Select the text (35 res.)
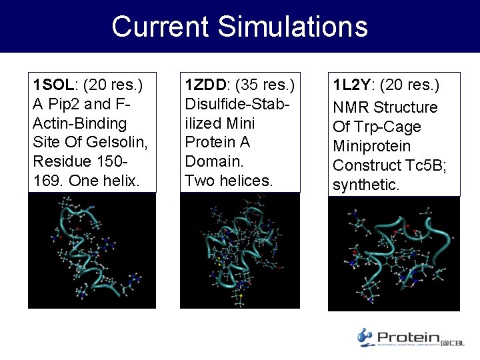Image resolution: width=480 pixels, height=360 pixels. click(263, 85)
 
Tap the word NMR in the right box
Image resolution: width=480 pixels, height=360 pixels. click(351, 107)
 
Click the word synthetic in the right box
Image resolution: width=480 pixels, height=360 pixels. click(365, 185)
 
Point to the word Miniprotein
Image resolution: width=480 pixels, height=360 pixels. click(371, 146)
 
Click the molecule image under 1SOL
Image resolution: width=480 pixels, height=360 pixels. click(91, 251)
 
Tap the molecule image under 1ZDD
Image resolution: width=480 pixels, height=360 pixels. click(240, 251)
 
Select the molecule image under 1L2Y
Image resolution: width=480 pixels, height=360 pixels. click(393, 253)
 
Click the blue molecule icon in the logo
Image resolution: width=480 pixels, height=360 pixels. click(365, 337)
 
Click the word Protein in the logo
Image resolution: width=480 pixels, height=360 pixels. click(407, 338)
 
